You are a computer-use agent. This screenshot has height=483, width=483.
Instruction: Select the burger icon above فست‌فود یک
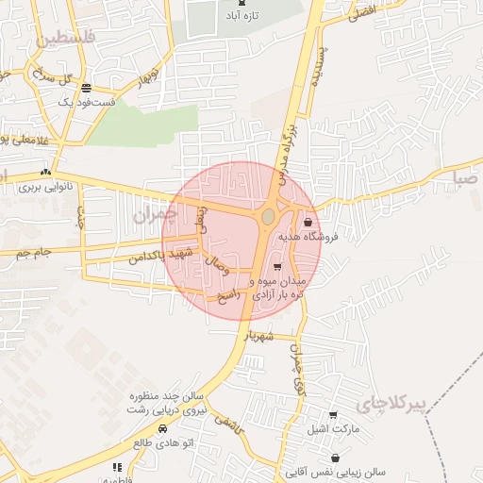tap(87, 87)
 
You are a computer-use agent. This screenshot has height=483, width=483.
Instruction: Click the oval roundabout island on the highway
tap(268, 217)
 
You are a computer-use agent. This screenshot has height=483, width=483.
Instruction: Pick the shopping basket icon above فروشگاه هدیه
tap(308, 223)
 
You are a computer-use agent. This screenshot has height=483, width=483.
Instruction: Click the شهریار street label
tap(258, 336)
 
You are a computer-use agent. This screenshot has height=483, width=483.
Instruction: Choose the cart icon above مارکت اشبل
tap(332, 415)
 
